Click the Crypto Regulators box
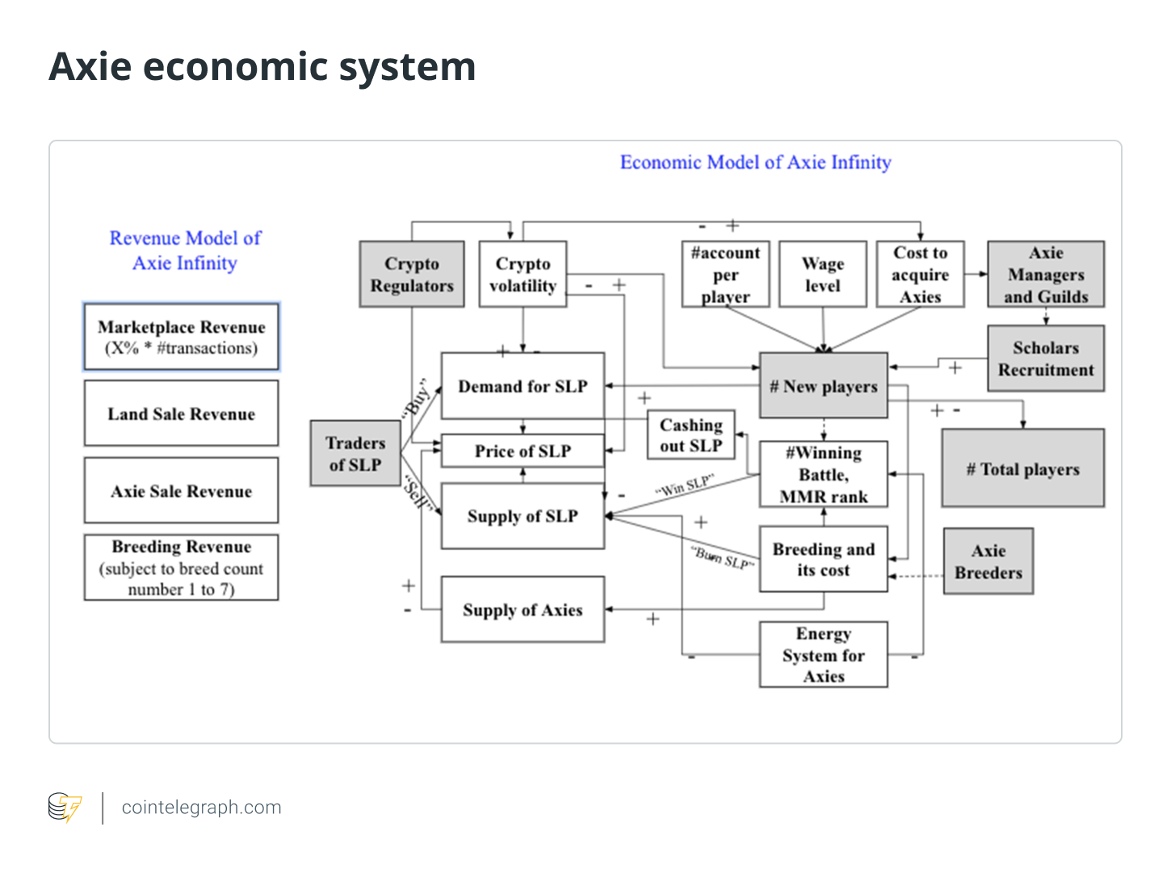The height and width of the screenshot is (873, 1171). (x=412, y=275)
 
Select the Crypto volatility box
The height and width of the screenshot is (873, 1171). (x=523, y=275)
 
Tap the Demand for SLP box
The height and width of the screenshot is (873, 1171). (x=523, y=386)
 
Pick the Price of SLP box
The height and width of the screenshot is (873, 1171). (x=523, y=451)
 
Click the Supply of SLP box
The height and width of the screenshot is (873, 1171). (x=523, y=516)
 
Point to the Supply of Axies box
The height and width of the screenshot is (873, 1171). (x=523, y=610)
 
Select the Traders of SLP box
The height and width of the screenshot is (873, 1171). (x=355, y=454)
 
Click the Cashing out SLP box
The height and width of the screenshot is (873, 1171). (x=691, y=435)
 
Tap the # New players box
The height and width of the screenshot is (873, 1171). (x=823, y=386)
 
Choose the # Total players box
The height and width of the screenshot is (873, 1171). (x=1022, y=469)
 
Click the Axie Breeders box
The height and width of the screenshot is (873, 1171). (x=988, y=561)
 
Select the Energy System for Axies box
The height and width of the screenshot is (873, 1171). (x=823, y=655)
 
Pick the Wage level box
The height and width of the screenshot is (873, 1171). (x=822, y=275)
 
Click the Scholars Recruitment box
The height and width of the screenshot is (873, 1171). (x=1046, y=359)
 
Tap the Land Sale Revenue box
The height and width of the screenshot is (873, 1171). (x=181, y=413)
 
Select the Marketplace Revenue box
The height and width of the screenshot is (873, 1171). (x=181, y=338)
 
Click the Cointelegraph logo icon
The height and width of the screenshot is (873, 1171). (x=65, y=807)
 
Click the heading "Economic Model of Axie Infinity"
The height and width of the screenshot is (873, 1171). (x=755, y=162)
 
